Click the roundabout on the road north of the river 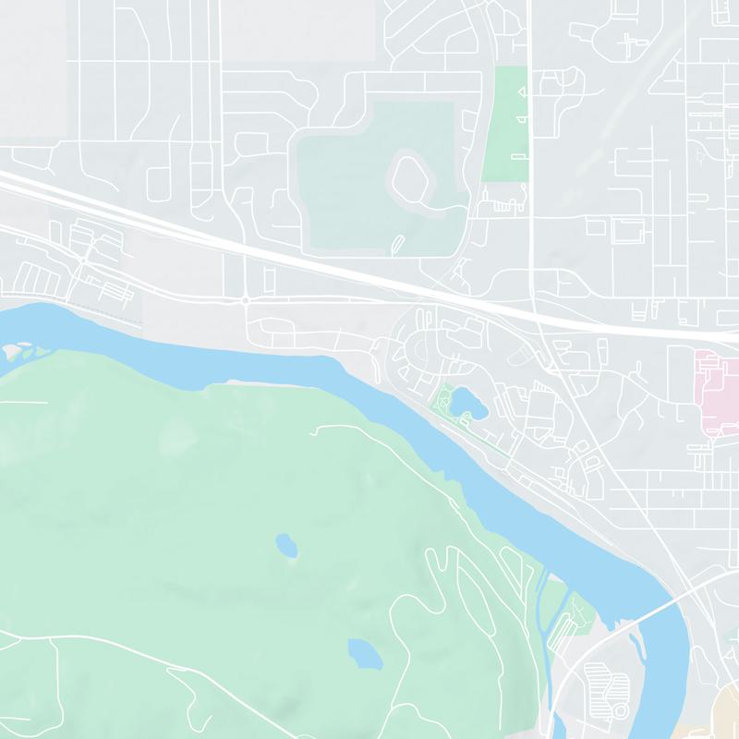(x=245, y=300)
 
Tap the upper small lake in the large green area (x=287, y=545)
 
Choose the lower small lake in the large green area (x=363, y=652)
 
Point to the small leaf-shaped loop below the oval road (x=397, y=244)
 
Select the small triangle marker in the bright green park (x=520, y=92)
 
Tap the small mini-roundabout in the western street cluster (x=82, y=260)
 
